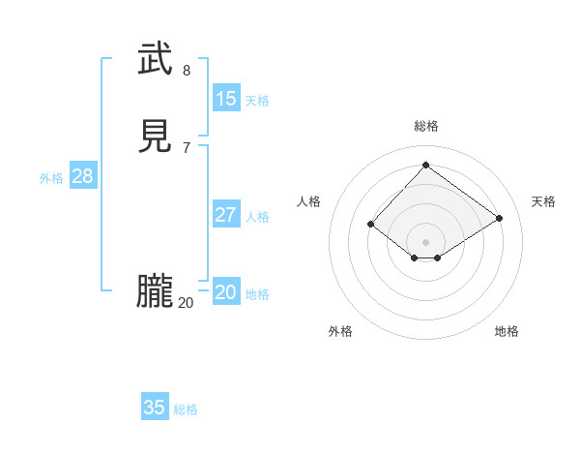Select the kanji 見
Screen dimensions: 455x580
click(155, 136)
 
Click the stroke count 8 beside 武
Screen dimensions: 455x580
click(187, 70)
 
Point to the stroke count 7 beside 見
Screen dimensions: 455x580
click(187, 147)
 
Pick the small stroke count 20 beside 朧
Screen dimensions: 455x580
click(186, 303)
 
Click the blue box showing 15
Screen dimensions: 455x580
click(226, 98)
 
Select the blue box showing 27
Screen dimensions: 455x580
click(226, 215)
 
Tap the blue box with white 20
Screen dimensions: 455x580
click(226, 292)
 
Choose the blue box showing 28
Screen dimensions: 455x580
click(82, 176)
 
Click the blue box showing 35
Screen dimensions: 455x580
click(155, 408)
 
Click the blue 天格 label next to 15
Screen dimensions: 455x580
click(257, 101)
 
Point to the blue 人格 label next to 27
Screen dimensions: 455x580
click(257, 217)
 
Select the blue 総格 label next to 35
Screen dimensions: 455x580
click(186, 409)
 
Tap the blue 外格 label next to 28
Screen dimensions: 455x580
click(51, 178)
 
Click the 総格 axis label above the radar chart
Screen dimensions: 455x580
click(425, 126)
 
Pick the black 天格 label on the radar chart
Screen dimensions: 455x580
click(543, 201)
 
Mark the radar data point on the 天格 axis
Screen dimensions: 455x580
click(499, 219)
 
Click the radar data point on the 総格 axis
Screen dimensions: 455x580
click(425, 165)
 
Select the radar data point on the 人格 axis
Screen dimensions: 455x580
click(371, 225)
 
